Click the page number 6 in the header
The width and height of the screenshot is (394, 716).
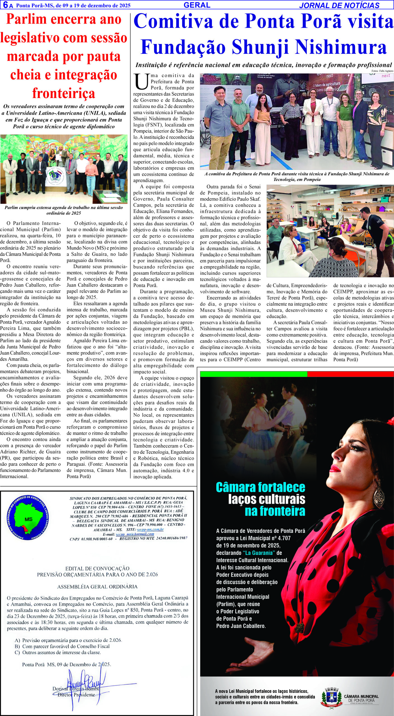pos(5,5)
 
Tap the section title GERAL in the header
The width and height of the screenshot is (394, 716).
pos(197,5)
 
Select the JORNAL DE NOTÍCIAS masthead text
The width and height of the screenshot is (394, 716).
pos(339,5)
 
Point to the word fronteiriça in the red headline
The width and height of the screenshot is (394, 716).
pos(64,93)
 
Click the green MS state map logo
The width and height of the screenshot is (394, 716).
pos(29,518)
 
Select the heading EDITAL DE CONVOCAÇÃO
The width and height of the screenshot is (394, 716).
pos(97,569)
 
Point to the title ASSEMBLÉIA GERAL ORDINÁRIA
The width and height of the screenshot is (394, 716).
pos(97,587)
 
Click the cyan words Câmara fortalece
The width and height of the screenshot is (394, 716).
pos(260,487)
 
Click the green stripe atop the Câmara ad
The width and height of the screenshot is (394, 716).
pos(253,374)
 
